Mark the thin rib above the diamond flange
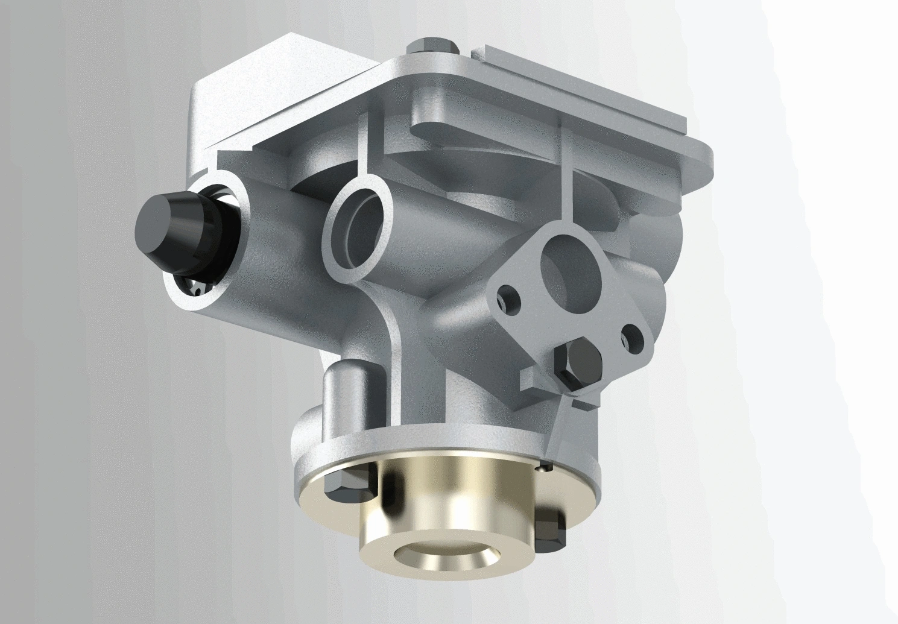(x=565, y=175)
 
